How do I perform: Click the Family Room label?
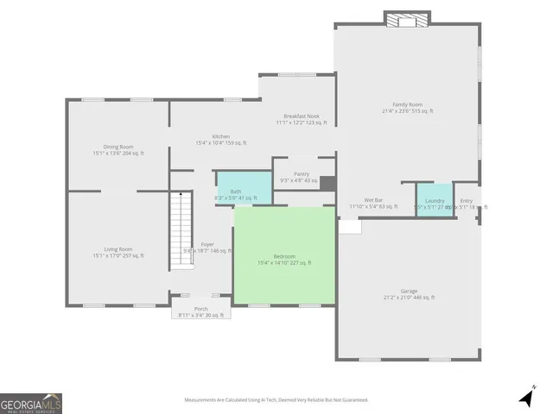click(408, 108)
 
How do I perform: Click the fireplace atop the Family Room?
click(408, 20)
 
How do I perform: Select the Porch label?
click(200, 311)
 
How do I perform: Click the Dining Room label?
click(118, 149)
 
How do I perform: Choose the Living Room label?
click(118, 252)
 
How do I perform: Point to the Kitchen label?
click(220, 139)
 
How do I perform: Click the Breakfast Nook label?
click(302, 119)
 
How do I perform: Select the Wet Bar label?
click(373, 203)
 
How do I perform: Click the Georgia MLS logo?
click(31, 403)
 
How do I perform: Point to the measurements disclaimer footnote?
click(276, 399)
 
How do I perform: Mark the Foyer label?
click(207, 247)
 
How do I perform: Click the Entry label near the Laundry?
click(467, 203)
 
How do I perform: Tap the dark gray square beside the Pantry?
click(327, 184)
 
